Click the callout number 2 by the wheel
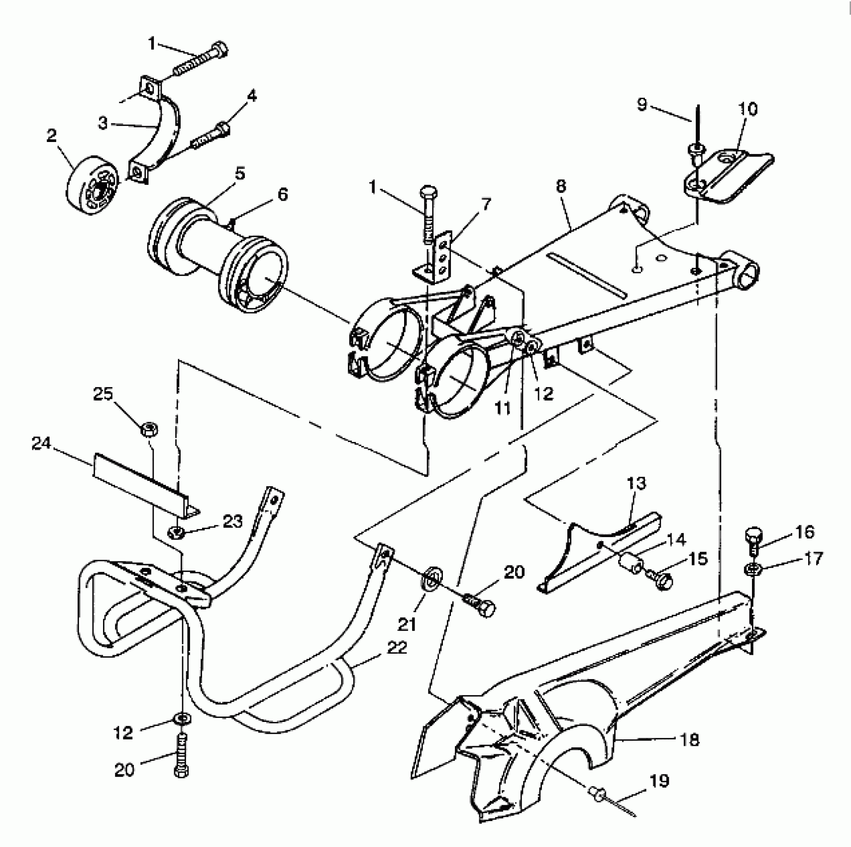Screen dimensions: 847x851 pyautogui.click(x=52, y=136)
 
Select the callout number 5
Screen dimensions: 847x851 pyautogui.click(x=240, y=173)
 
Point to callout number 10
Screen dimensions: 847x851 pyautogui.click(x=748, y=109)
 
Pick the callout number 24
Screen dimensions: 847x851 pyautogui.click(x=41, y=443)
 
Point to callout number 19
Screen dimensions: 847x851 pyautogui.click(x=659, y=781)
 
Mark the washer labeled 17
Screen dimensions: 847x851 pyautogui.click(x=752, y=568)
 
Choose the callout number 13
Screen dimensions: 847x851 pyautogui.click(x=637, y=483)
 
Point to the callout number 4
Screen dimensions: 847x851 pyautogui.click(x=252, y=95)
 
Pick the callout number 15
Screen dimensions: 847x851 pyautogui.click(x=698, y=559)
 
